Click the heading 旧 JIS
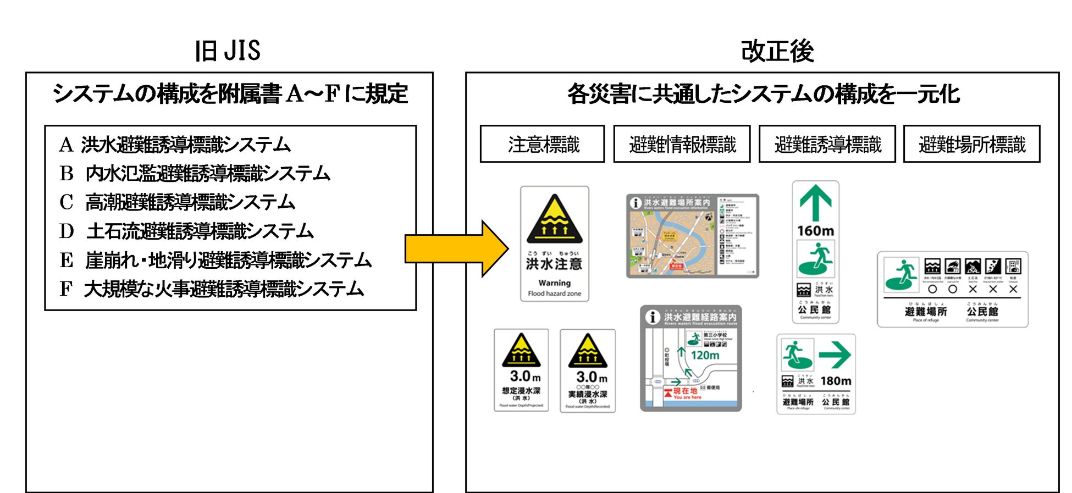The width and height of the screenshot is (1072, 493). click(228, 51)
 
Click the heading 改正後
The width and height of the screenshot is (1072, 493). click(776, 51)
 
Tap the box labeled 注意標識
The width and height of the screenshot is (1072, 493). click(542, 144)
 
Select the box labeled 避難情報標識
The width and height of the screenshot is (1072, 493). click(682, 144)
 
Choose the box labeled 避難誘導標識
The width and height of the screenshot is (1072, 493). click(827, 144)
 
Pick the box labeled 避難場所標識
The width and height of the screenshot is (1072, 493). click(971, 144)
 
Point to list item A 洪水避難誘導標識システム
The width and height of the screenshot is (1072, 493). click(175, 145)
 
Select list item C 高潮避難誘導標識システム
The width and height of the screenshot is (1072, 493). click(177, 202)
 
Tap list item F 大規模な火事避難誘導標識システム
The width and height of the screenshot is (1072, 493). click(212, 289)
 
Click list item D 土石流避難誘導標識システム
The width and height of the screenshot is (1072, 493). click(186, 231)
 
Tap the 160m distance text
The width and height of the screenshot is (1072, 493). click(815, 231)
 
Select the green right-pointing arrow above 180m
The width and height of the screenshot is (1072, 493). click(835, 355)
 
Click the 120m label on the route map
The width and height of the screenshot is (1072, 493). click(705, 355)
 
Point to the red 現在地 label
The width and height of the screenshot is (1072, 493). click(685, 391)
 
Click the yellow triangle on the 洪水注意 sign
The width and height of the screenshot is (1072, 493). click(554, 220)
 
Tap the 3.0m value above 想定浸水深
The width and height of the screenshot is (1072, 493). click(525, 376)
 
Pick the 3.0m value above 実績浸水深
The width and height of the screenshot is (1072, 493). click(592, 377)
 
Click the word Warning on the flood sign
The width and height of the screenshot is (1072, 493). click(554, 283)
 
